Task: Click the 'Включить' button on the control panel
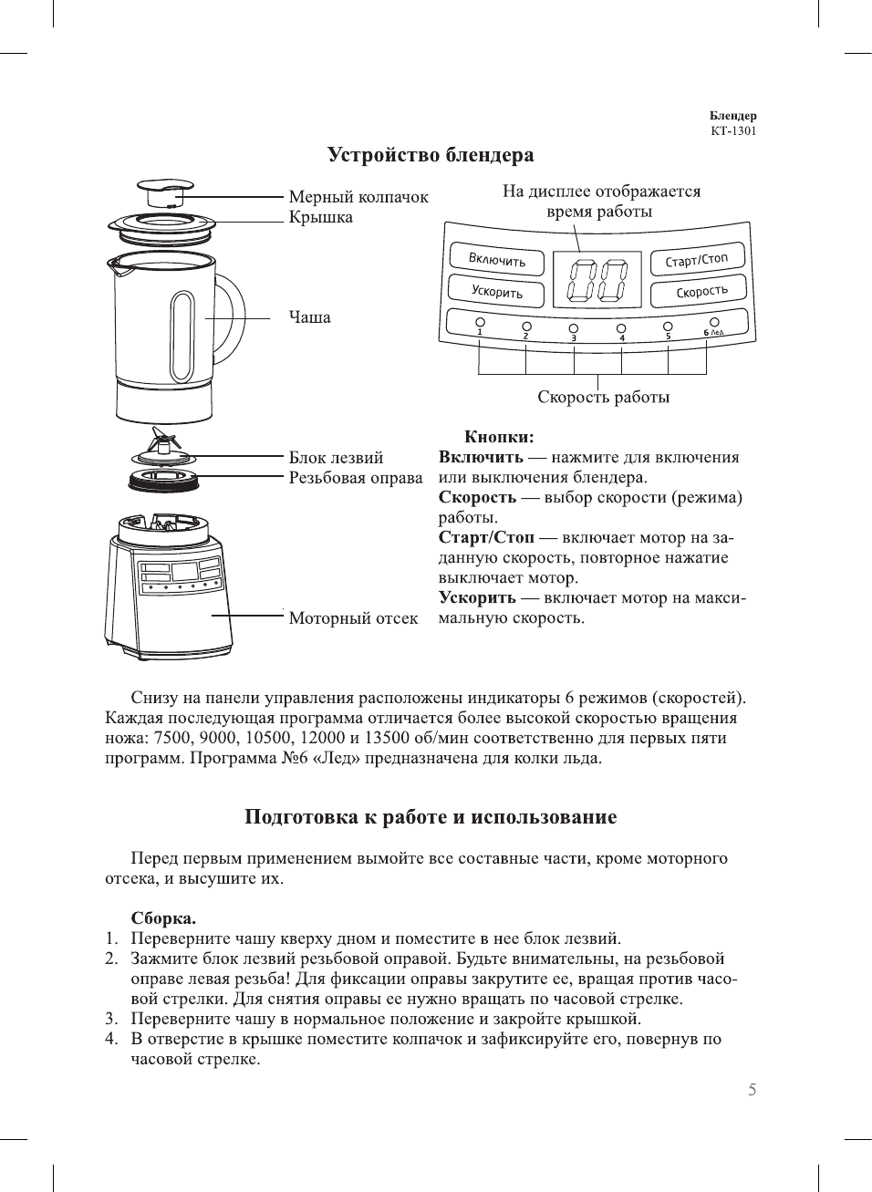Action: [496, 260]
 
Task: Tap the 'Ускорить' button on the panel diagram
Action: [496, 292]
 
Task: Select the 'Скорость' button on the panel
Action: [701, 292]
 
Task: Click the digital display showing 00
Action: [597, 279]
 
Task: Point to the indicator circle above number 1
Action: [480, 323]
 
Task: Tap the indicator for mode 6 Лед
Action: [714, 322]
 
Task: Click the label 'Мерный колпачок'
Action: [358, 197]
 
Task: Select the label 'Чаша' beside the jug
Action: [310, 317]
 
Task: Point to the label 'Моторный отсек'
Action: [354, 618]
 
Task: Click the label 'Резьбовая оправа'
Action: [356, 478]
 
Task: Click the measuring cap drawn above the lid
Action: [165, 192]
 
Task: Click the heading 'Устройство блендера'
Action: [431, 155]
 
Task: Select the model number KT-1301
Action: [733, 130]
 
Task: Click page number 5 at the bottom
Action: [753, 1090]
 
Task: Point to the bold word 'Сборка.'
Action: [163, 918]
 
